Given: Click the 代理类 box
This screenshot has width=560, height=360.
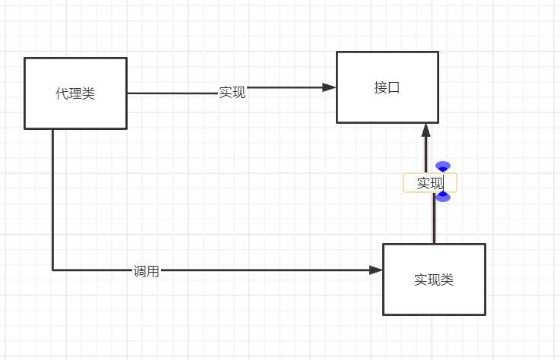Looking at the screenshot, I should [x=75, y=93].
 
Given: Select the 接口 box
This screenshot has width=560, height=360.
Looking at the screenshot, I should [x=388, y=87].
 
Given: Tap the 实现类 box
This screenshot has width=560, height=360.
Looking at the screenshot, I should [x=434, y=279].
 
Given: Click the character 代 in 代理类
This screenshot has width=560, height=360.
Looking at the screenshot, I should [x=62, y=93].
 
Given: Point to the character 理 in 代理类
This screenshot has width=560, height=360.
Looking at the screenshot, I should [x=75, y=93].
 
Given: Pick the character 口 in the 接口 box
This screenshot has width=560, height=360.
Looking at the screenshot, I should [x=394, y=87].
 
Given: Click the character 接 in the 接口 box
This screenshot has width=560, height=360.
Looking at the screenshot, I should [x=381, y=87].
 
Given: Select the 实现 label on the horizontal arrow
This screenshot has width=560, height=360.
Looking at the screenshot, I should [x=232, y=93].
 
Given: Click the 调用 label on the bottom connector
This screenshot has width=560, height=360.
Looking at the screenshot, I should [x=146, y=271].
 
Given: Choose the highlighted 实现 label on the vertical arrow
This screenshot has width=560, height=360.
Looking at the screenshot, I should [x=429, y=183].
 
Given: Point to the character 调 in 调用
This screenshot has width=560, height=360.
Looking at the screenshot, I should [x=140, y=271].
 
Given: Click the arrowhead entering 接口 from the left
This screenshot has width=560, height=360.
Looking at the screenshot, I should [x=330, y=87].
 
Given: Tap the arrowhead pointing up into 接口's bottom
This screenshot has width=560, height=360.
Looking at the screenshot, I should [x=426, y=129].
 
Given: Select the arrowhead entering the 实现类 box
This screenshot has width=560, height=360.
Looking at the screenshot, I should [x=376, y=270].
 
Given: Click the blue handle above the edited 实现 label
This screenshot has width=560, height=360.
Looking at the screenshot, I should [x=443, y=166].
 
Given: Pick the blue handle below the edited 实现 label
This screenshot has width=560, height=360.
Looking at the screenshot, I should [x=443, y=197].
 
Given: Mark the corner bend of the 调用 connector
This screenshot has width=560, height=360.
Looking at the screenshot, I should [x=53, y=270].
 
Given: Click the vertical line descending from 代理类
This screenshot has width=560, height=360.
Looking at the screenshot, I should [x=53, y=197].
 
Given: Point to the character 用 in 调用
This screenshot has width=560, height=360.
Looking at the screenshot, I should [x=153, y=271].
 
